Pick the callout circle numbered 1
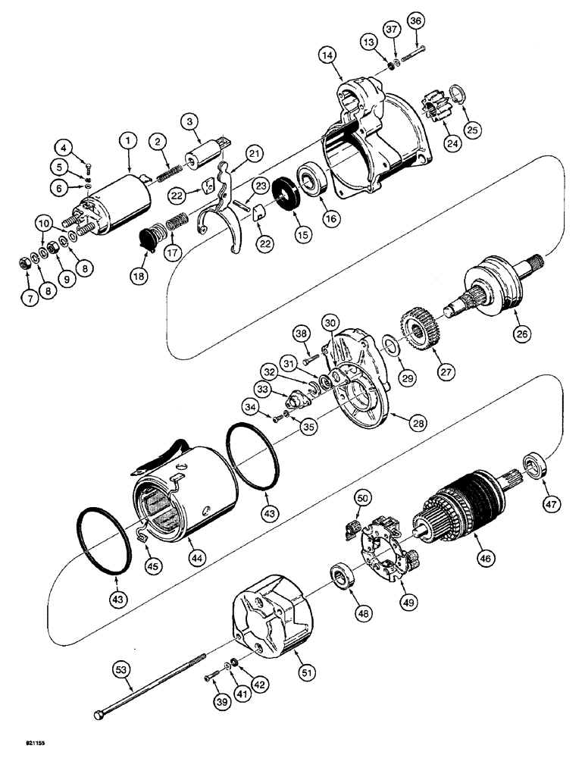click(128, 140)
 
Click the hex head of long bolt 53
click(99, 715)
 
